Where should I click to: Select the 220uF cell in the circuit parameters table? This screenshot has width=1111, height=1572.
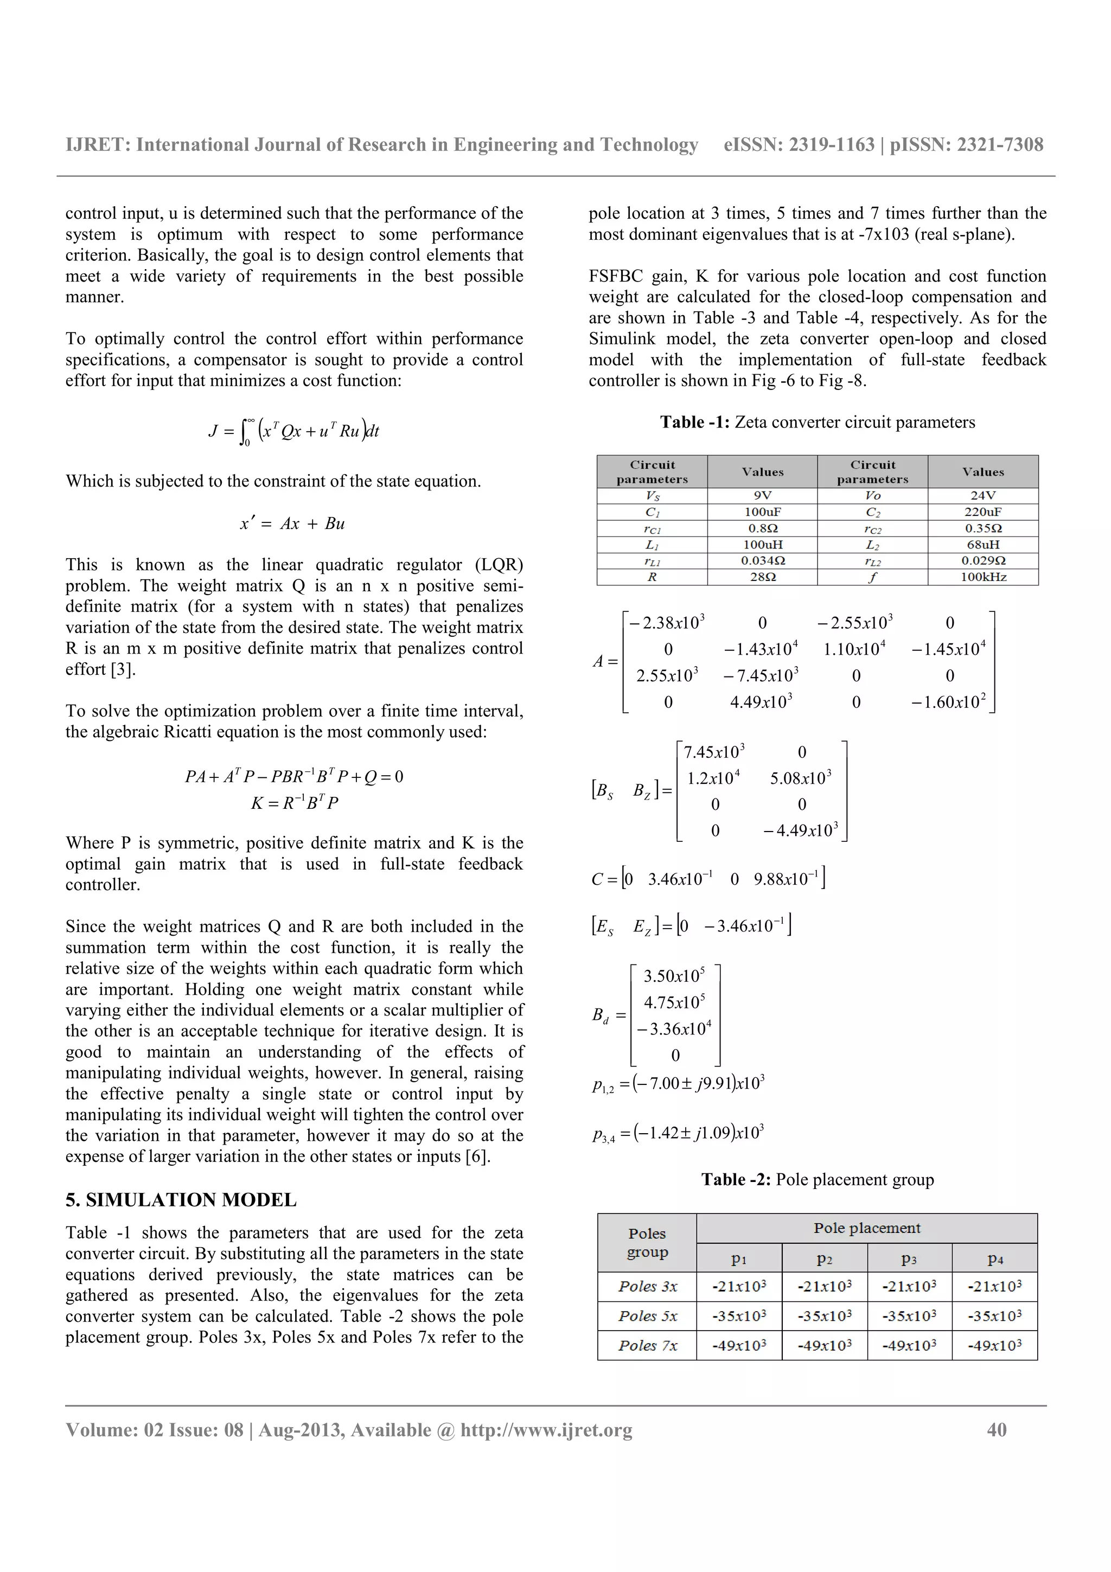click(x=982, y=512)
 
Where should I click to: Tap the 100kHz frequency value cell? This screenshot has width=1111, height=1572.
click(x=982, y=577)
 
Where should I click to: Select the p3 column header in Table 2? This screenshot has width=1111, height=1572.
click(x=909, y=1258)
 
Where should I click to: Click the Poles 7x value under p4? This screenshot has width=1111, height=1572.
click(x=994, y=1345)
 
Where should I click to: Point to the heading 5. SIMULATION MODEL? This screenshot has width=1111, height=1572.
click(x=181, y=1199)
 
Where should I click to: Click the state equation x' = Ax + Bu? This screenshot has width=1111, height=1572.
click(x=292, y=524)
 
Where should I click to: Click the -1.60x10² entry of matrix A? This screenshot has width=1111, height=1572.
click(x=948, y=702)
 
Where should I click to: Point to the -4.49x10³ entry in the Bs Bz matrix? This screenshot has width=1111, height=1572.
click(x=800, y=830)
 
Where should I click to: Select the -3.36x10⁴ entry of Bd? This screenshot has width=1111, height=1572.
click(x=674, y=1029)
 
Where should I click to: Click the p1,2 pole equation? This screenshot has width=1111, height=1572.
click(x=678, y=1084)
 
